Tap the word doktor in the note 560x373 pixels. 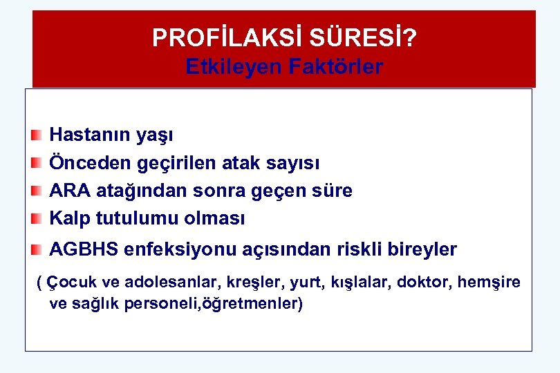pyautogui.click(x=422, y=282)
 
